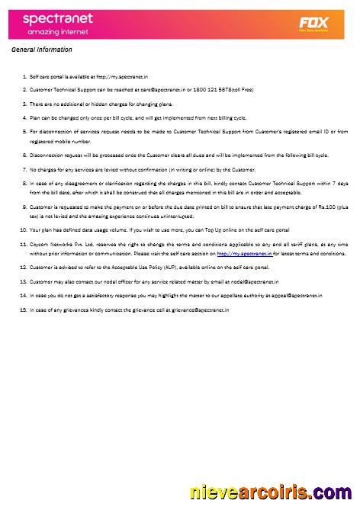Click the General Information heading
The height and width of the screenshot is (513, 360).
tap(43, 50)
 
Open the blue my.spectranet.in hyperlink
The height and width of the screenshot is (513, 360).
tap(245, 253)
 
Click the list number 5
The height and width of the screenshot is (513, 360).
tap(24, 131)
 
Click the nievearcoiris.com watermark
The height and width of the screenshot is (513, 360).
tap(271, 492)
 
